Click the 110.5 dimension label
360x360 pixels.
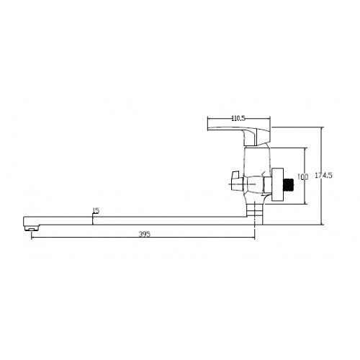click(x=238, y=118)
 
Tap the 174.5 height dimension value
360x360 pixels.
click(x=323, y=176)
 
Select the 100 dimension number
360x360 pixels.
click(x=302, y=177)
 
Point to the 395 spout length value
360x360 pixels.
click(x=145, y=234)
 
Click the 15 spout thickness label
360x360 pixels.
click(x=96, y=211)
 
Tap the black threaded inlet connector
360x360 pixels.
click(x=289, y=184)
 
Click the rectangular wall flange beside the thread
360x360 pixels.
click(x=278, y=185)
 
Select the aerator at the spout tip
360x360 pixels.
click(x=32, y=228)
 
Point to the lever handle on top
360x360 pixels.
click(x=239, y=136)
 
